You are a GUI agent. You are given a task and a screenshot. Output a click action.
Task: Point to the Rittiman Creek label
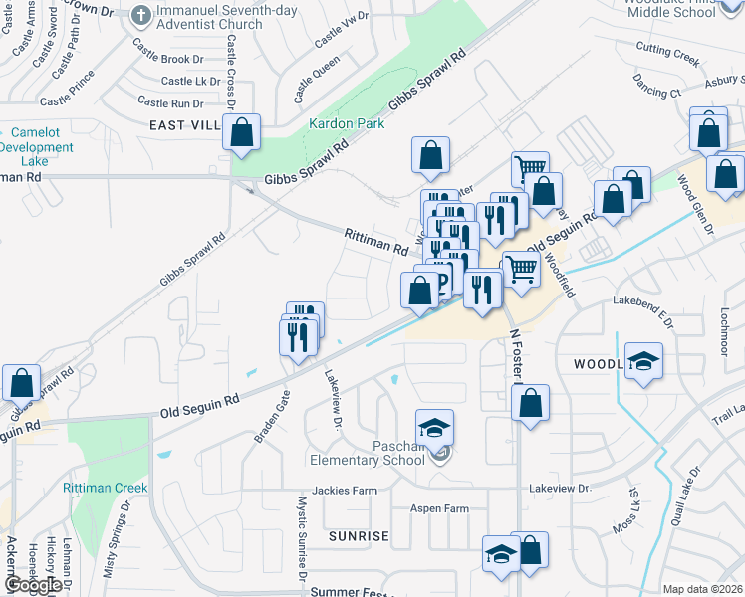point(105,488)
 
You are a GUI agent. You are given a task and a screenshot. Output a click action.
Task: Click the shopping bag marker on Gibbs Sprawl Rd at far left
point(21,384)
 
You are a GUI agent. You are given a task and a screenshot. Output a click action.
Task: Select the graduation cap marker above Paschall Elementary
point(434,428)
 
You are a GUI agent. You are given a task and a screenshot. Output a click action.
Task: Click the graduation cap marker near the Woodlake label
point(643,362)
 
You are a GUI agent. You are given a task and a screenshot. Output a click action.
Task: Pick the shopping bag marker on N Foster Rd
point(531,404)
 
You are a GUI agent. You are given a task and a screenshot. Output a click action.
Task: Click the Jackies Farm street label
point(345,491)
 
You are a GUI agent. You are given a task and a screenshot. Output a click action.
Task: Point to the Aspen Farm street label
point(439,508)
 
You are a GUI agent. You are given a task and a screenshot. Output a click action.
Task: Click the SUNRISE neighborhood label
point(359,536)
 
